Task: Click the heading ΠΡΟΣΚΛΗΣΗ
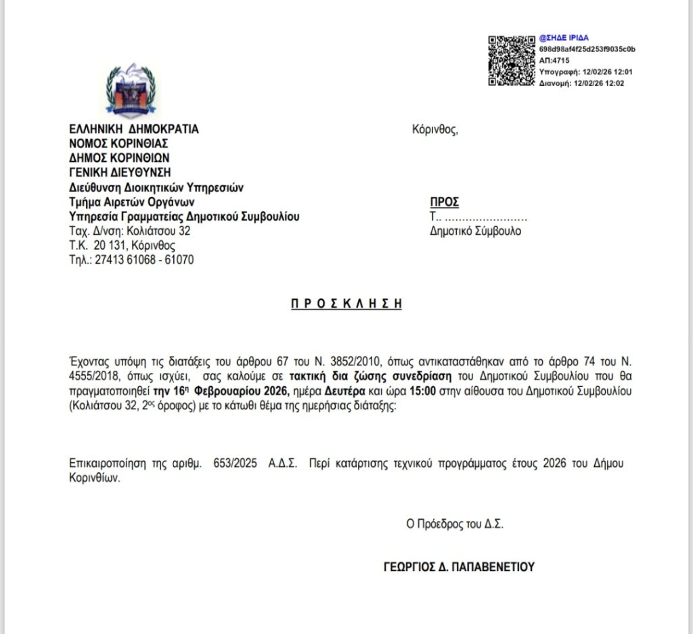tap(346, 304)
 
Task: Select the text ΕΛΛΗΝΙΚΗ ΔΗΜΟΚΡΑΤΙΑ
tap(134, 129)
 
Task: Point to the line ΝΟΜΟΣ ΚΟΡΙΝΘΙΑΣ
tap(118, 143)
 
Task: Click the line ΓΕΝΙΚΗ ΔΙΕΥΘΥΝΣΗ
tap(120, 172)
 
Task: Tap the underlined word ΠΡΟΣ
tap(445, 202)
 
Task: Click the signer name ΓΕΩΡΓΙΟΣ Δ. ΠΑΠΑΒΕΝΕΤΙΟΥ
tap(459, 567)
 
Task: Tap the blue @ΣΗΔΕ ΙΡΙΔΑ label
tap(564, 39)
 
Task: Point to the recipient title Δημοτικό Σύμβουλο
tap(475, 231)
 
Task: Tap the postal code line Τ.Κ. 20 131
tap(122, 246)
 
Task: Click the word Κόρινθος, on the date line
tap(435, 129)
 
